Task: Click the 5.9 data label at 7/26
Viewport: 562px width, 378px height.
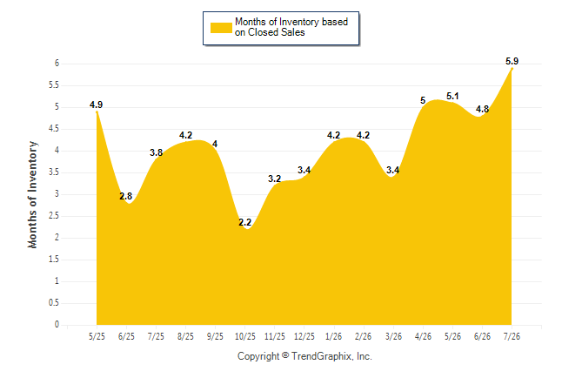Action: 512,61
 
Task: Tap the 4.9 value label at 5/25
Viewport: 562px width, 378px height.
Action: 96,105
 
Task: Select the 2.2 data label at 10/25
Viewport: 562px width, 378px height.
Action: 245,223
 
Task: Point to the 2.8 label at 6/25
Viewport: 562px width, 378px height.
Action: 126,196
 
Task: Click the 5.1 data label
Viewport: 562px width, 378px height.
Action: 452,96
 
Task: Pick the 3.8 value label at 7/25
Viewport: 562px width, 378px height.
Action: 157,153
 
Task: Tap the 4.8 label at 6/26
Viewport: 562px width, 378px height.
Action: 483,109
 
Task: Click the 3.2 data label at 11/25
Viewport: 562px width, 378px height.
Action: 275,179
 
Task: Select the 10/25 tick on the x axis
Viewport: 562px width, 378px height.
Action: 245,337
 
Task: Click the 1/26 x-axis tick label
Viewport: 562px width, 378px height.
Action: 334,337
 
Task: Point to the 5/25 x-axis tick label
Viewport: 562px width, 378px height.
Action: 97,337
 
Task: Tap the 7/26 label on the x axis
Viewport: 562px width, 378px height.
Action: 512,337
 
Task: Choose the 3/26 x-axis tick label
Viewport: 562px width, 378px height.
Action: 393,337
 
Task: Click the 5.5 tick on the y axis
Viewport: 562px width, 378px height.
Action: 54,85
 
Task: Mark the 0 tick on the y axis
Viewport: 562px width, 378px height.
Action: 57,325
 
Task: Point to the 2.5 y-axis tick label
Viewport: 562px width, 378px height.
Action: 54,216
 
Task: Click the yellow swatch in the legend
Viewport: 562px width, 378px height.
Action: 221,28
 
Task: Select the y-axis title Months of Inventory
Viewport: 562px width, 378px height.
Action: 32,194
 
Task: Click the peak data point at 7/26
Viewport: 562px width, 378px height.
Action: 512,69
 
